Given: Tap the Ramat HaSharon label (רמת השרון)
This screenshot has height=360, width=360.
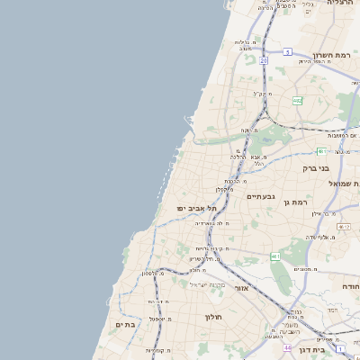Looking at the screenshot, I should click(x=330, y=54).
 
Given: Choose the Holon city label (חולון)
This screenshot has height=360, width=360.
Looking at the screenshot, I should click(x=213, y=317).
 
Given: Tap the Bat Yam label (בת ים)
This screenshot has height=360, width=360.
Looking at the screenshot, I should click(x=124, y=324).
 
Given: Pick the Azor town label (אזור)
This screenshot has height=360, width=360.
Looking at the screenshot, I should click(x=241, y=288).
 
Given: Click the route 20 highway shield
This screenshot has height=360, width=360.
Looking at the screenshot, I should click(x=265, y=60).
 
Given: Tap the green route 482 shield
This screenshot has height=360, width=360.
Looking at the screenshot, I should click(x=297, y=101).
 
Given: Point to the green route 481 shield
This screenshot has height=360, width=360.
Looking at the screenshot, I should click(x=320, y=151).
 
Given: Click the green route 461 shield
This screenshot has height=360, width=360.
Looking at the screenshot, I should click(x=275, y=256).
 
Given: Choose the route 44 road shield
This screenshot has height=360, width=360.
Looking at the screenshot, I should click(x=287, y=347).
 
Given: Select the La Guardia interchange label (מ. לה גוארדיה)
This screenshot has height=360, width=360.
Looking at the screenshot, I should click(x=212, y=222).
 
